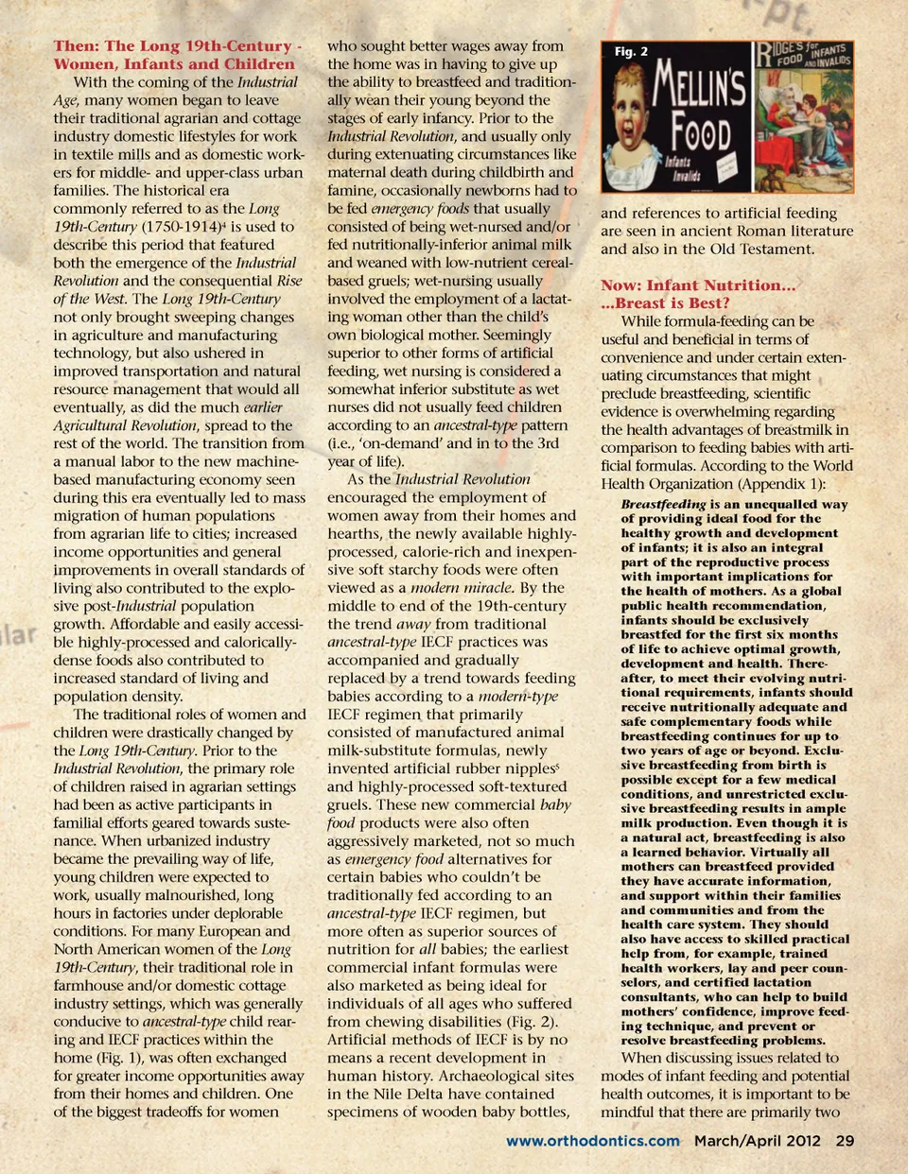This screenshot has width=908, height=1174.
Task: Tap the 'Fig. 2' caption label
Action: [x=631, y=51]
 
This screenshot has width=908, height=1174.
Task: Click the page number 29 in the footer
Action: [x=845, y=1141]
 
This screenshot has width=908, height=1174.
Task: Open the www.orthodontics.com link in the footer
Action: [x=593, y=1141]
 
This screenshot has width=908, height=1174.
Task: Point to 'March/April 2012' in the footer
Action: [x=758, y=1141]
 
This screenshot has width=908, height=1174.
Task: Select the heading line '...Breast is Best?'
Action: [x=665, y=303]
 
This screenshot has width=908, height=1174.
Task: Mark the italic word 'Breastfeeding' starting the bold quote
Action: [x=663, y=504]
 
